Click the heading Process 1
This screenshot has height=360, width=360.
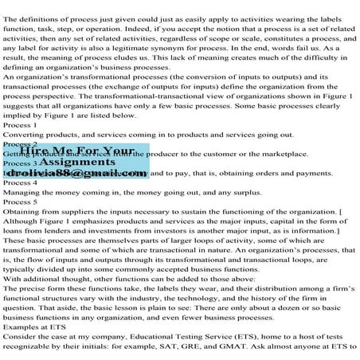tap(20, 125)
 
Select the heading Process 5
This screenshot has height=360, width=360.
tap(20, 202)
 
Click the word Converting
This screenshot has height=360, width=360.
tap(26, 135)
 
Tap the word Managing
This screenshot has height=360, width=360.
tap(25, 192)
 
